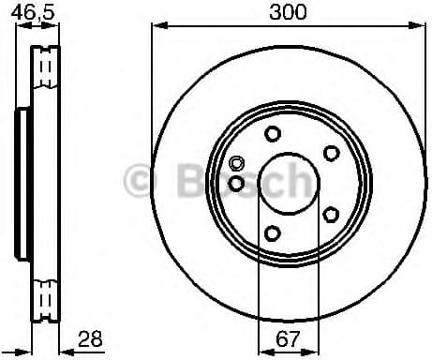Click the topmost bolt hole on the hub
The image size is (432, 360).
tap(272, 133)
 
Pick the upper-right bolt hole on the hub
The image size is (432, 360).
tap(330, 152)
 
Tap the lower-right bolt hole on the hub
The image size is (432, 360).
tap(330, 215)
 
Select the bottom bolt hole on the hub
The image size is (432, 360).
tap(272, 233)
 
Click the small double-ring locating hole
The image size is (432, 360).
tap(236, 163)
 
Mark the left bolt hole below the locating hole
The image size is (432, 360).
tap(236, 183)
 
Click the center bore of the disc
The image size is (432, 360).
tap(285, 183)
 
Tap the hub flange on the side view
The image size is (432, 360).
tap(21, 183)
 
